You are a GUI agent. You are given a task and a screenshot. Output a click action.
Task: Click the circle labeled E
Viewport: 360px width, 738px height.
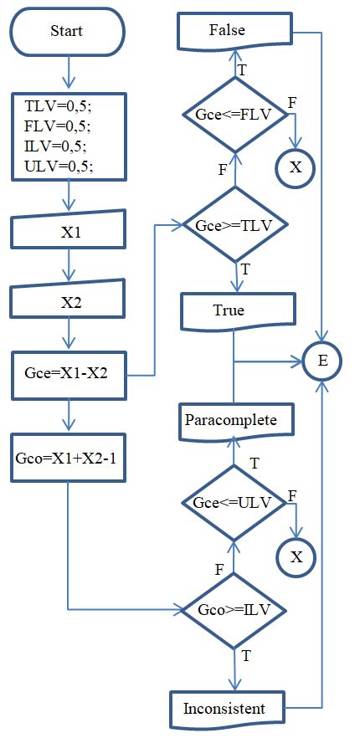click(x=321, y=361)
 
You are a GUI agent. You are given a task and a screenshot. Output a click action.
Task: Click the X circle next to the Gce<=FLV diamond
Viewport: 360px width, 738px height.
click(x=296, y=167)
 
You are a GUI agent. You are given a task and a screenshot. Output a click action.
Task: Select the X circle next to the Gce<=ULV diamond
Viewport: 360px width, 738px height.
click(x=296, y=555)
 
